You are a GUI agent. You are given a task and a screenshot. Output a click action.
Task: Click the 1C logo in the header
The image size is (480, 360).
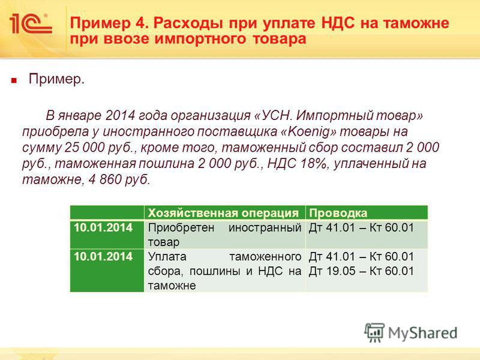click(31, 23)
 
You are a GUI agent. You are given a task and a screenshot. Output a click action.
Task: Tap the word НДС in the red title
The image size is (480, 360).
click(339, 23)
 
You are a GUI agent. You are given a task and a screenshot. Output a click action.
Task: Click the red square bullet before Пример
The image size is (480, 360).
click(13, 81)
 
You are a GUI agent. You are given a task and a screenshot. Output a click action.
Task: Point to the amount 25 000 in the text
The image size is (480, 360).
click(85, 148)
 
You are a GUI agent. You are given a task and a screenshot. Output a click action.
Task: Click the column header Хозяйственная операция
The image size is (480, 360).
click(223, 213)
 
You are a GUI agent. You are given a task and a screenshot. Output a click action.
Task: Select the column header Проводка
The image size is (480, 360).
click(338, 213)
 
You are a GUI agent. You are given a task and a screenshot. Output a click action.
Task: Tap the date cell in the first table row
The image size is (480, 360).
click(103, 228)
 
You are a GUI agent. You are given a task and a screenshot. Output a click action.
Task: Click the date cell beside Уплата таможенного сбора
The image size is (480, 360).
click(103, 257)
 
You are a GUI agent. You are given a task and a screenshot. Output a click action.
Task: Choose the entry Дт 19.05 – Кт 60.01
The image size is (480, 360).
click(361, 271)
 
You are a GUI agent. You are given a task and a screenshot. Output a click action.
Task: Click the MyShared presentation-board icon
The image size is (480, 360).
click(374, 332)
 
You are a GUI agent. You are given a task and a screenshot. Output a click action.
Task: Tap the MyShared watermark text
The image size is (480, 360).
click(423, 333)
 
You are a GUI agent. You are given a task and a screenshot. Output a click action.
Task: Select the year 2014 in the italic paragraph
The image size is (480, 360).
click(120, 116)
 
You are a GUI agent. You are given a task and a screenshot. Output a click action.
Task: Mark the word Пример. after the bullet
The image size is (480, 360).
click(56, 80)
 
